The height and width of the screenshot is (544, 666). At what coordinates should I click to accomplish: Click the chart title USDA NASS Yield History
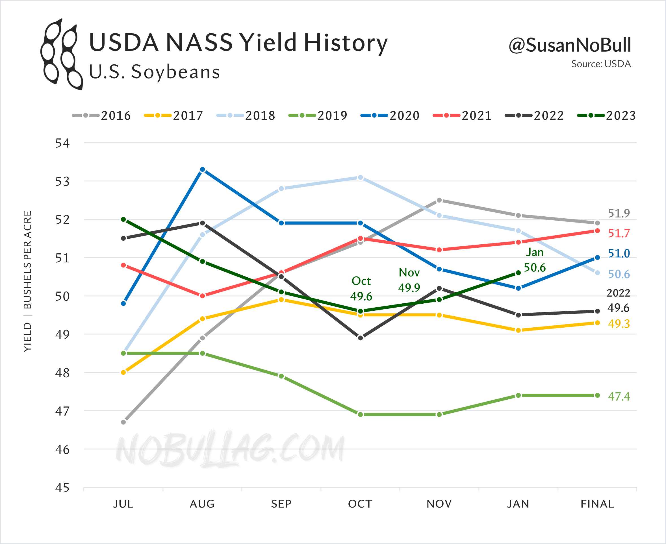pos(238,43)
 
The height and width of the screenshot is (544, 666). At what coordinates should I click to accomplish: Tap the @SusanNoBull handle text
pos(569,45)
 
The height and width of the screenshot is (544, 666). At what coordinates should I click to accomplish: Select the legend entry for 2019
pos(318,116)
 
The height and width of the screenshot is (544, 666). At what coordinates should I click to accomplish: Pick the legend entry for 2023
pos(606,116)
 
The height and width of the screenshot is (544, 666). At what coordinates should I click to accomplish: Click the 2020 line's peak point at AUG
pos(203,169)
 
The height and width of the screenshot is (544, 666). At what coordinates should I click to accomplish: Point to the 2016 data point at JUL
pos(123,422)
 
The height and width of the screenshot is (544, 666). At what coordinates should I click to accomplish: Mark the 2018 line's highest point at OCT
pos(361,177)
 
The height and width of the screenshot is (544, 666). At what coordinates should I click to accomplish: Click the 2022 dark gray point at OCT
pos(361,338)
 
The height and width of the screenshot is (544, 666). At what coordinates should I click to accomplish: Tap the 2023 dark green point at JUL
pos(123,219)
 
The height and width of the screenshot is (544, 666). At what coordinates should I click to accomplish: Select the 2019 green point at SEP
pos(281,376)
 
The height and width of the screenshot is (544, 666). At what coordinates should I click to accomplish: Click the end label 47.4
pos(619,396)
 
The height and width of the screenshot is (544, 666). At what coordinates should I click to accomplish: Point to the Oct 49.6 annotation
pos(361,289)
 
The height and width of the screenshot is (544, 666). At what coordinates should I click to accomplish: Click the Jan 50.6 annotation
pos(535,260)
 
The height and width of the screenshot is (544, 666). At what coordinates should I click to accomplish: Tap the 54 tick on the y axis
pos(62,143)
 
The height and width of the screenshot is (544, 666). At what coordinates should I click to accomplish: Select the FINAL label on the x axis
pos(597,504)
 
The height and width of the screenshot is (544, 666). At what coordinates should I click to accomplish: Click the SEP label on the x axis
pos(281,504)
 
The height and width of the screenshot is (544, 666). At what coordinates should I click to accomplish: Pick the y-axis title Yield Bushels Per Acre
pos(28,281)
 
